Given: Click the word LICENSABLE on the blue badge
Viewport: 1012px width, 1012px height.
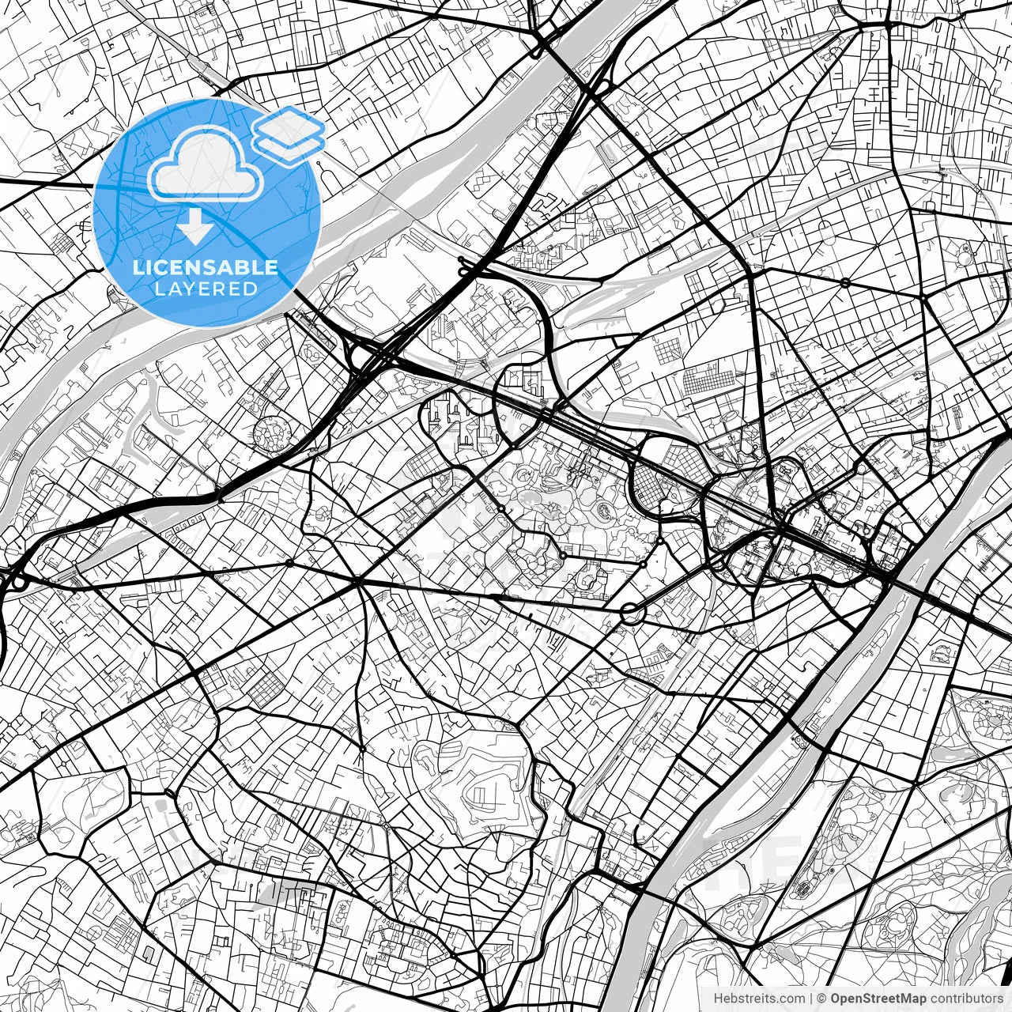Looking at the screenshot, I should [206, 267].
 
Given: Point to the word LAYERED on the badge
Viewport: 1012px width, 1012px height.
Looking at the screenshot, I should [206, 289].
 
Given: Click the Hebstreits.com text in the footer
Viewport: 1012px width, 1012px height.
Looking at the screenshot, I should [760, 999].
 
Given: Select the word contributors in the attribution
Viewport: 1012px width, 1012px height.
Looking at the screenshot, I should [966, 999].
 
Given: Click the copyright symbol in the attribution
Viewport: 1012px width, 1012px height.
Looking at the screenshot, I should [821, 999].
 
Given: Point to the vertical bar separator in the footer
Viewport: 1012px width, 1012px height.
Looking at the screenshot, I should [811, 999].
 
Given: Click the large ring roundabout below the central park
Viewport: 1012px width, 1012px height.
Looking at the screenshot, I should [632, 611].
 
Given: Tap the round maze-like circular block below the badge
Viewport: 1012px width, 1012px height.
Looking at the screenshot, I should [271, 433].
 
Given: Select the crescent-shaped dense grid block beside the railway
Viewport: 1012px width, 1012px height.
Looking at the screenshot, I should [651, 485].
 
